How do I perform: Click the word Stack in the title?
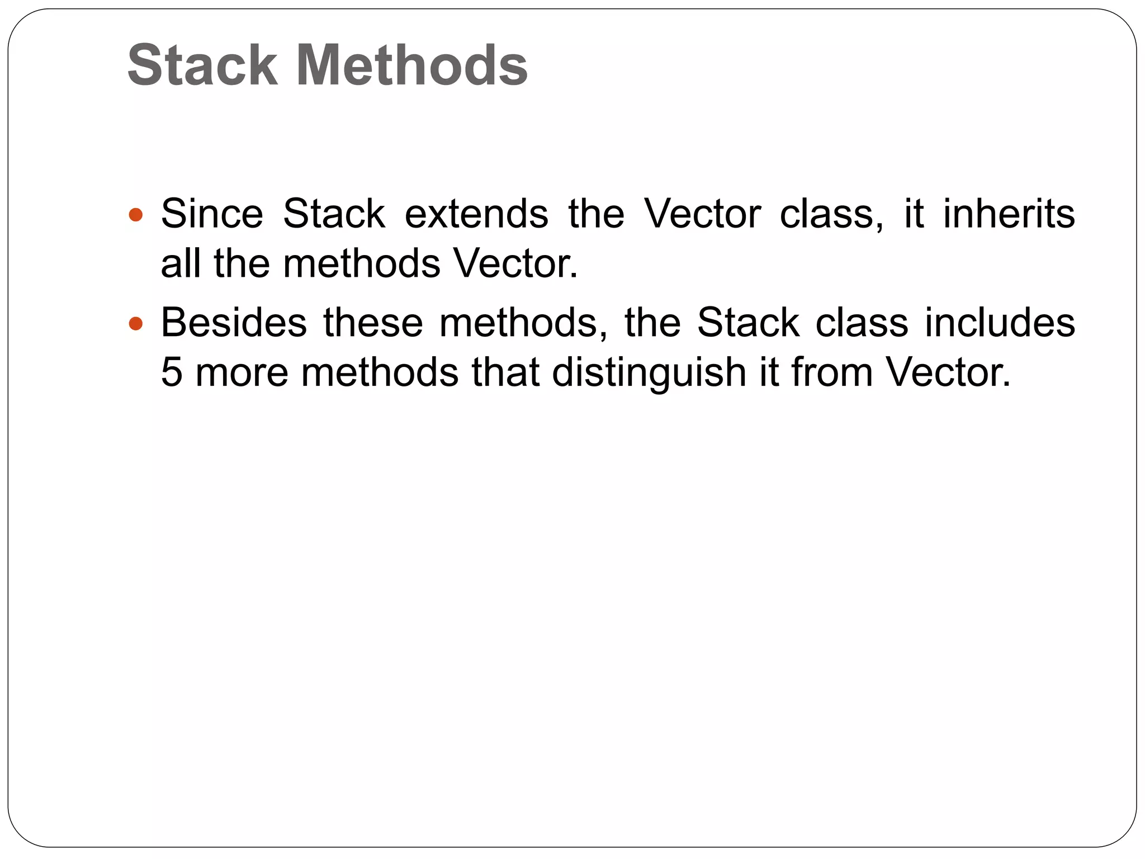point(202,65)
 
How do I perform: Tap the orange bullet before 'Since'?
point(136,214)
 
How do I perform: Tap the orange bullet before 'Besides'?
point(136,323)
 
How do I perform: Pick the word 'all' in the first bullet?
point(180,263)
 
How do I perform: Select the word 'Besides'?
point(234,323)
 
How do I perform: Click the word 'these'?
point(373,323)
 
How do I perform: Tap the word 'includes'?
point(1000,323)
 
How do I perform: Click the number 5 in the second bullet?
point(171,372)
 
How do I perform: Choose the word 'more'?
point(242,372)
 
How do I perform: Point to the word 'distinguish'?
point(649,372)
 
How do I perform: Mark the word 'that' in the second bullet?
point(505,372)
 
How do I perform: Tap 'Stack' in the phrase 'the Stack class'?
point(748,323)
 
